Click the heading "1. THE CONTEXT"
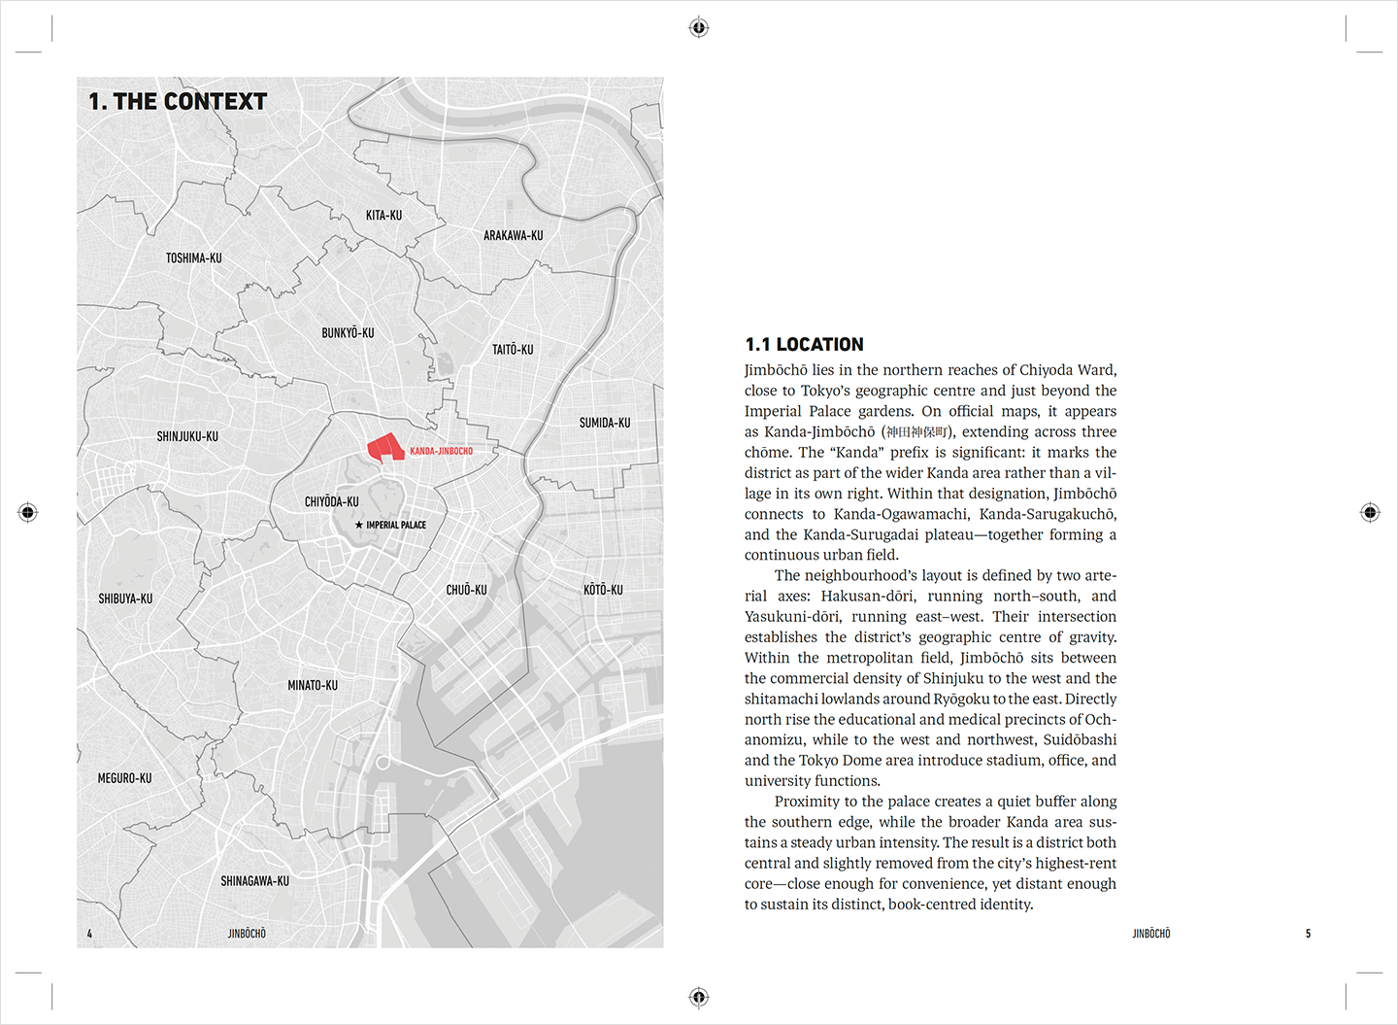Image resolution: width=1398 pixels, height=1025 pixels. click(178, 101)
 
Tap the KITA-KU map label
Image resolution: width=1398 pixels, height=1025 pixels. click(383, 215)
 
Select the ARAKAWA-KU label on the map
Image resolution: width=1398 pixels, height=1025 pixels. click(513, 235)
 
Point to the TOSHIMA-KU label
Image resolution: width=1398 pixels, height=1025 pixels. click(193, 257)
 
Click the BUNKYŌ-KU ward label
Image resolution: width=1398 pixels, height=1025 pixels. click(348, 332)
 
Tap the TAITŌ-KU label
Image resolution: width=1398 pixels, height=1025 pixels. click(513, 349)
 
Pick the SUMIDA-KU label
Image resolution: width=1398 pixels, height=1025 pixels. click(604, 423)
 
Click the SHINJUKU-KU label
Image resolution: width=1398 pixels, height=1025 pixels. click(187, 436)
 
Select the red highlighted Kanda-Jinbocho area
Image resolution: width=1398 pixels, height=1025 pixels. click(385, 447)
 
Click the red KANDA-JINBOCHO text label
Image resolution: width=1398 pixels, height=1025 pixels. click(441, 451)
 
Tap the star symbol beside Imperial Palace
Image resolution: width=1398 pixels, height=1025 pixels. click(358, 525)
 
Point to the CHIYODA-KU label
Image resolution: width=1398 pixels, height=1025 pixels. click(331, 501)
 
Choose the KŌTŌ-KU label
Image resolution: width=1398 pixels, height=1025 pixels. click(603, 589)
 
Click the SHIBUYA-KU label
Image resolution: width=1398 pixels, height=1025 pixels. click(125, 598)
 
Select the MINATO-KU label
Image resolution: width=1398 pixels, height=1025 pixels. click(313, 685)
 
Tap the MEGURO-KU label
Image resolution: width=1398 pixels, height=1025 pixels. click(124, 778)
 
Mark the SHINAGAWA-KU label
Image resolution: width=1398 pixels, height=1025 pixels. click(254, 881)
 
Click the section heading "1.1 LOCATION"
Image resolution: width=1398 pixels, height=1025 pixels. click(804, 344)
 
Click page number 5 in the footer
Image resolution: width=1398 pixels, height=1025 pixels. click(1308, 934)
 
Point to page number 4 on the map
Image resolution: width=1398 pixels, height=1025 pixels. click(89, 934)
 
